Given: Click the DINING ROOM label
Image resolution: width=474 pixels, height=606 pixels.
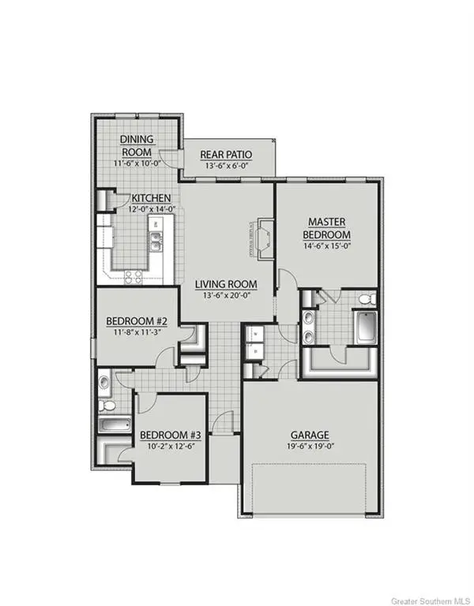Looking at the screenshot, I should (136, 145).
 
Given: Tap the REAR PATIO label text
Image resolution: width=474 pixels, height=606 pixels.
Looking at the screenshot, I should (220, 154).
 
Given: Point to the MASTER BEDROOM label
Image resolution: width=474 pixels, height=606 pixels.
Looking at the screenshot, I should (329, 230).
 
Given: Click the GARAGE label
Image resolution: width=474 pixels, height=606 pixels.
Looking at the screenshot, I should (309, 435).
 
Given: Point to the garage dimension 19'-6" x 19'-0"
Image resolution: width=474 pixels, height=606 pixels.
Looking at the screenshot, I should (309, 447).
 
